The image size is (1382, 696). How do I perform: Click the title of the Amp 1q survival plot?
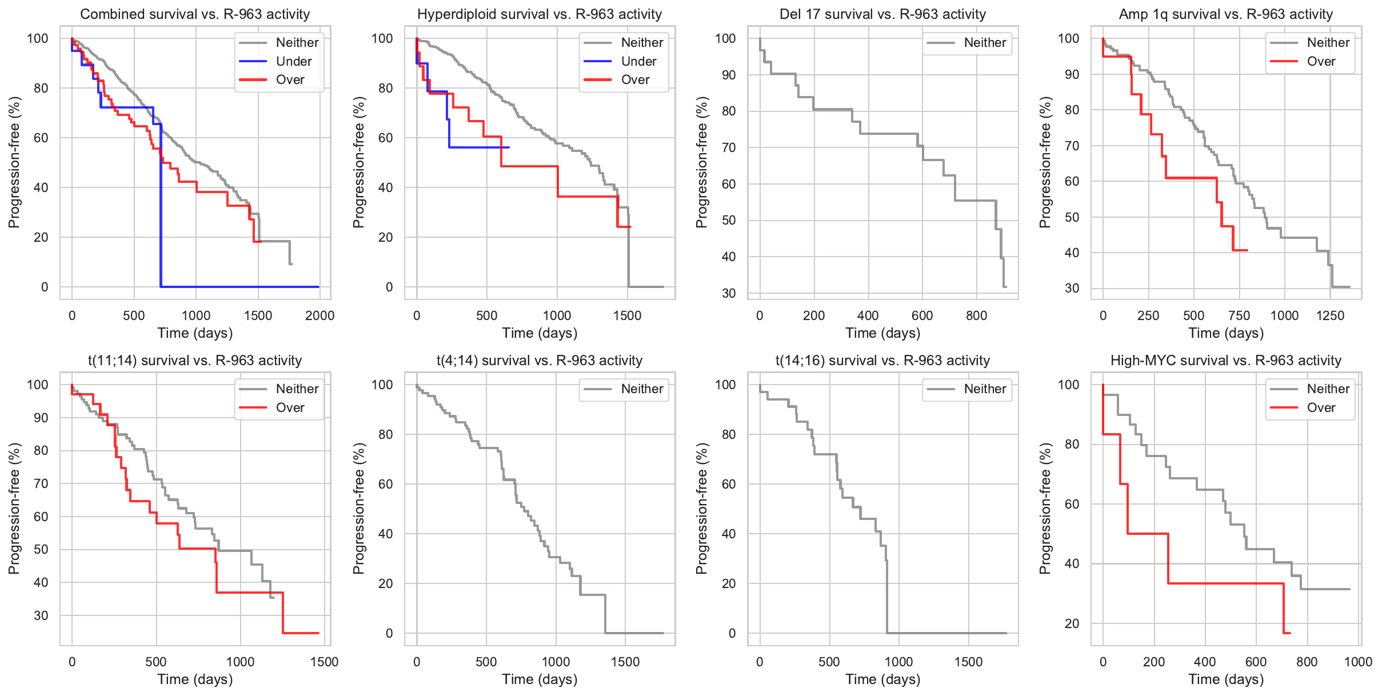(1225, 14)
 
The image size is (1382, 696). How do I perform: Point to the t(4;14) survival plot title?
(539, 361)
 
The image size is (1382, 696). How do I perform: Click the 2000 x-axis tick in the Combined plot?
(319, 315)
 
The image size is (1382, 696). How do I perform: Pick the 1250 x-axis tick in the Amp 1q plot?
(1330, 315)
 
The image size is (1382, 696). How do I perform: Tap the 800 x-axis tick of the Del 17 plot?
(976, 315)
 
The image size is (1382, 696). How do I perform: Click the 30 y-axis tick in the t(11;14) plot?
(41, 615)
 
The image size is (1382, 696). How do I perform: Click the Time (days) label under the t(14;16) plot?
(882, 679)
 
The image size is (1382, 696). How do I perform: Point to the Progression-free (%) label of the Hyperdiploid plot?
(358, 162)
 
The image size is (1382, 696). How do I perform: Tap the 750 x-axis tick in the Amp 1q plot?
(1239, 315)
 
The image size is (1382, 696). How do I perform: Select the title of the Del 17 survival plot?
(882, 14)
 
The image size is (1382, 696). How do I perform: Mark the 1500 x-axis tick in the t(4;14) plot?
(625, 662)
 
